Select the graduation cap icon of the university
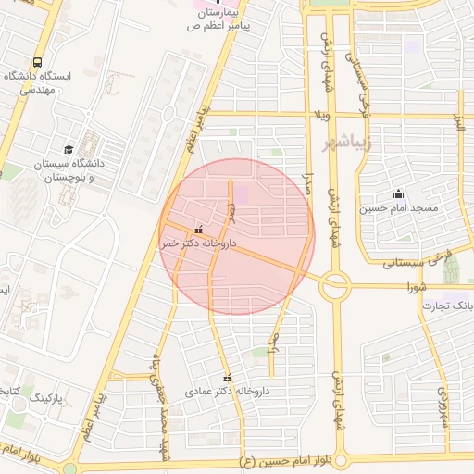pos(69,149)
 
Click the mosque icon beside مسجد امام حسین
pos(398,193)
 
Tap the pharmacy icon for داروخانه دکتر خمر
pos(199,229)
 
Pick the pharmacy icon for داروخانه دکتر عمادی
pos(228,378)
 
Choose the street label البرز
pos(457,123)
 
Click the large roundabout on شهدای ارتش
pos(333,286)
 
